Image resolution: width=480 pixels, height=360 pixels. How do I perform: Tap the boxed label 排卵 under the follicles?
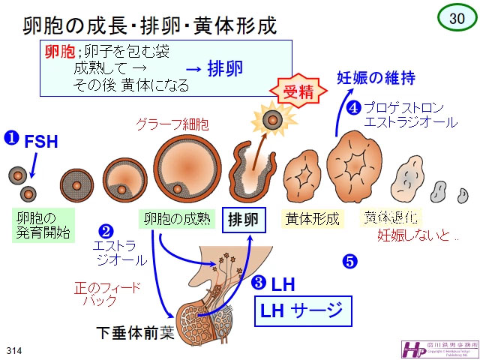coord(244,220)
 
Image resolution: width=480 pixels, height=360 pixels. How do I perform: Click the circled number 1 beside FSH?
coord(12,138)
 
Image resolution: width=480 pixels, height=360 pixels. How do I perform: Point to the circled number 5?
coord(349,262)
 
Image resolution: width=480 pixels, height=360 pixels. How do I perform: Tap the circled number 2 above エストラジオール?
coord(106,231)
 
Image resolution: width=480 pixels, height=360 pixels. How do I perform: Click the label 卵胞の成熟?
coord(178,219)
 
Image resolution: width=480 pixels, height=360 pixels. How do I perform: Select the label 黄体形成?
coord(313,219)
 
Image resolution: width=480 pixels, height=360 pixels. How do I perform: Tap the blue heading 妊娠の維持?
coord(376,78)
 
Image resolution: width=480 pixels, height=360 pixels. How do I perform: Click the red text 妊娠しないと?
coord(417,236)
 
